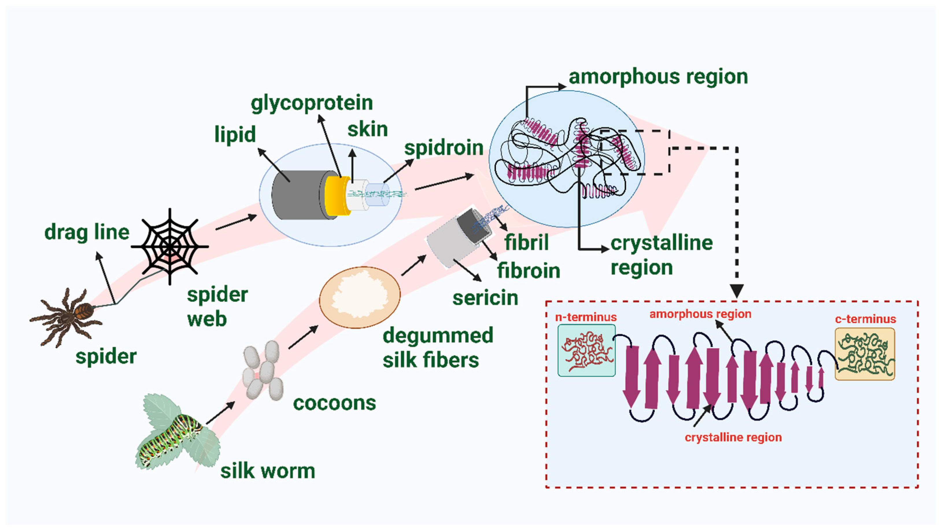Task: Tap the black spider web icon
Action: tap(170, 247)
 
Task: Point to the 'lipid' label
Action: tap(235, 134)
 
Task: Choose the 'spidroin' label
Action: tap(444, 148)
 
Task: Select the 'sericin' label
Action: tap(485, 298)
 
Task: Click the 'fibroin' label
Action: tap(528, 271)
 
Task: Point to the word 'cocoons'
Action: tap(334, 403)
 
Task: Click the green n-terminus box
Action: tap(586, 350)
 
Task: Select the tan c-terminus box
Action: tap(865, 354)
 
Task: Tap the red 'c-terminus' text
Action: tap(865, 319)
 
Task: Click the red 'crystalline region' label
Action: tap(733, 437)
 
